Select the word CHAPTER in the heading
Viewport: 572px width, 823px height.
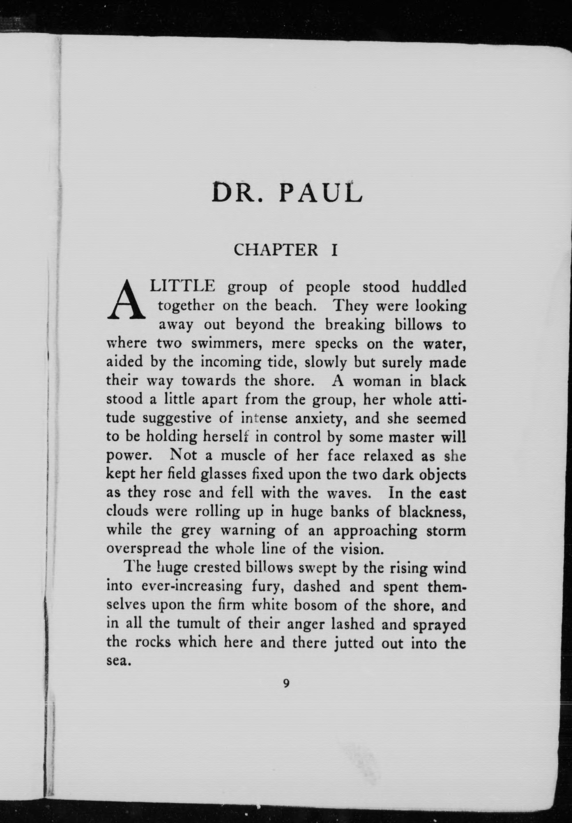pyautogui.click(x=276, y=250)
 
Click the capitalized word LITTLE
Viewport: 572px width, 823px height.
pyautogui.click(x=183, y=287)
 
